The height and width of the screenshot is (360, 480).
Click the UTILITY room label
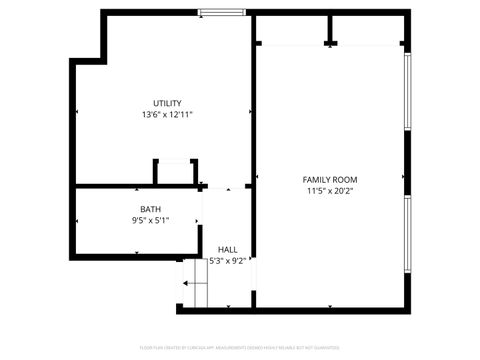[167, 104]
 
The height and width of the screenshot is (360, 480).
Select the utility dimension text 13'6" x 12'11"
[167, 115]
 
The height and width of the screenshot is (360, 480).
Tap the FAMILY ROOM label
[330, 180]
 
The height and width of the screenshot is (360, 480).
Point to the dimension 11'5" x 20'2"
[330, 191]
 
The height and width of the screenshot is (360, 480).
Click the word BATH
[150, 209]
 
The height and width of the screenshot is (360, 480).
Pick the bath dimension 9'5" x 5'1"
[150, 220]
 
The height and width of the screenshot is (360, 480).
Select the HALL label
[228, 249]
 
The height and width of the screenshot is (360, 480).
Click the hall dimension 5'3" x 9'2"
[227, 260]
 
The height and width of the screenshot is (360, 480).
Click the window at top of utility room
[220, 13]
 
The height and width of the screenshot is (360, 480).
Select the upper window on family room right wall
[407, 90]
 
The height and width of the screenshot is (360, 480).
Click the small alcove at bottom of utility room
[175, 173]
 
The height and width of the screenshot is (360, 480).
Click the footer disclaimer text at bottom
[240, 348]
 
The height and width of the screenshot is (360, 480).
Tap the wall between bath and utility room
[130, 186]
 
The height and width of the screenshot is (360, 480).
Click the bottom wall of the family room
[330, 310]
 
